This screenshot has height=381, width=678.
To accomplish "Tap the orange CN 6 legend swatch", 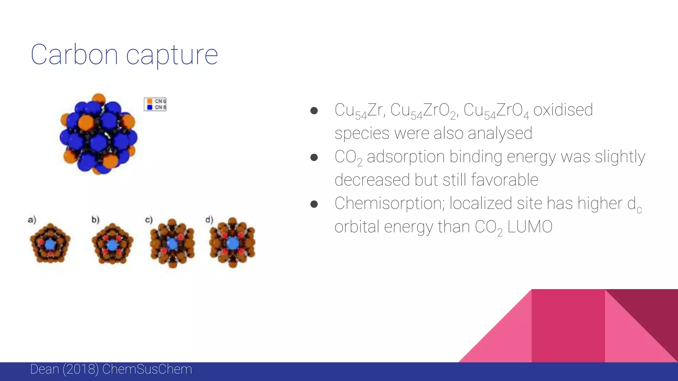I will click(x=150, y=101).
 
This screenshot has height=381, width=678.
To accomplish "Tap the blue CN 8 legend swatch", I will click(x=150, y=107).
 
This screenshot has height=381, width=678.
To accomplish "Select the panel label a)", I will click(x=32, y=220).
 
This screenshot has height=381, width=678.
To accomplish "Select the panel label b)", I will click(x=95, y=220).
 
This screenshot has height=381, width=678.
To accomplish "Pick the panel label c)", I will click(x=149, y=220).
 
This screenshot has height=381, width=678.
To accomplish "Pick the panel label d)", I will click(x=209, y=220).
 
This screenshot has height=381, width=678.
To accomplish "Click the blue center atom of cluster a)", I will click(x=50, y=245).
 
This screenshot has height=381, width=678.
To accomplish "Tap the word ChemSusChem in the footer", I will click(x=147, y=369).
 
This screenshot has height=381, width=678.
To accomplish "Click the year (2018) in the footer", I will click(x=80, y=369).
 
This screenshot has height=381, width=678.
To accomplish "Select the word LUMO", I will click(x=530, y=227).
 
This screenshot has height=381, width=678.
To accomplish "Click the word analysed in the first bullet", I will click(x=500, y=133).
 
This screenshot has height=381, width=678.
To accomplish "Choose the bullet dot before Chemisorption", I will click(x=314, y=204).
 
